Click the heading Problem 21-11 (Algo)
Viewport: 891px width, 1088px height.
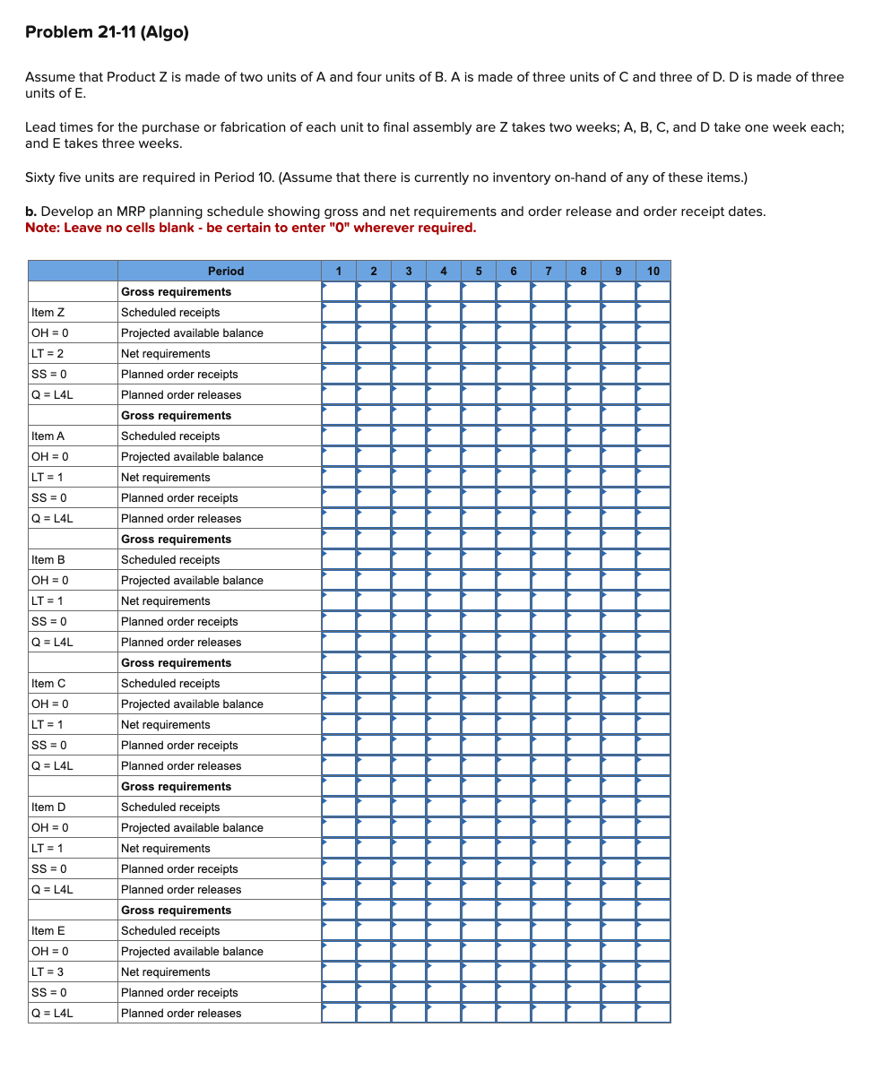pyautogui.click(x=107, y=32)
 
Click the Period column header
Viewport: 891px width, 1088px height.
pyautogui.click(x=225, y=271)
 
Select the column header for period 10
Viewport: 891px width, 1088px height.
pyautogui.click(x=653, y=271)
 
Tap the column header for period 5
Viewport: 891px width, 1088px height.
pyautogui.click(x=479, y=271)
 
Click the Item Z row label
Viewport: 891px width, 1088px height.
pyautogui.click(x=48, y=313)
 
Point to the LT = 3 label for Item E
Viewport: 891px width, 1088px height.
pyautogui.click(x=48, y=972)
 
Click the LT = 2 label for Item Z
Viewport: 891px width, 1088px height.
pyautogui.click(x=48, y=354)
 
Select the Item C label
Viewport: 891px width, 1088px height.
pyautogui.click(x=48, y=684)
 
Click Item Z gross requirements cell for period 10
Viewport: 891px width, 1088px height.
pyautogui.click(x=653, y=292)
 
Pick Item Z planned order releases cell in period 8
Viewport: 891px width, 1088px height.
pyautogui.click(x=584, y=395)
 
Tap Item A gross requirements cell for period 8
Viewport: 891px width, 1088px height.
pyautogui.click(x=584, y=416)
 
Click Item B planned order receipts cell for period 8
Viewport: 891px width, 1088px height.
pyautogui.click(x=584, y=622)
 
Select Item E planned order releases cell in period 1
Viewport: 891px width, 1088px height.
pyautogui.click(x=339, y=1014)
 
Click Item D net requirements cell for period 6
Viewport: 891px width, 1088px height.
pyautogui.click(x=514, y=849)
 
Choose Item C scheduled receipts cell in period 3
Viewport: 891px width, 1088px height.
pyautogui.click(x=409, y=684)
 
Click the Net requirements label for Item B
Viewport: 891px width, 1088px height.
pyautogui.click(x=166, y=601)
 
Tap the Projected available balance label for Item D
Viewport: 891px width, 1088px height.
pyautogui.click(x=192, y=828)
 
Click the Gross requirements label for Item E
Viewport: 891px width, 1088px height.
pyautogui.click(x=176, y=911)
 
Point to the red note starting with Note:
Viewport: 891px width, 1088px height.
pyautogui.click(x=250, y=228)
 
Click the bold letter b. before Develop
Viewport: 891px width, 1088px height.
pyautogui.click(x=31, y=212)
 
